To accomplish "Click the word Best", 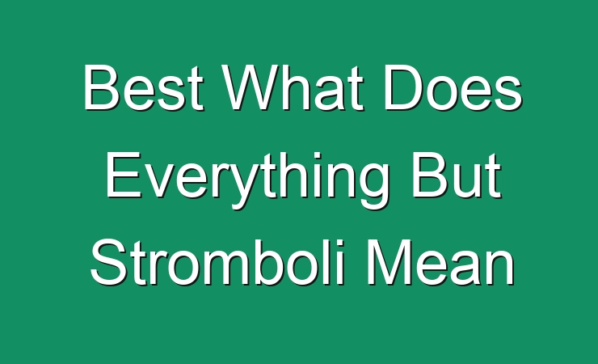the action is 143,87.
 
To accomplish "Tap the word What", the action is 293,87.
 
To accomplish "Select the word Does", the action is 453,87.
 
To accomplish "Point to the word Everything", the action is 247,180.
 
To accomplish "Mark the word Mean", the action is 441,263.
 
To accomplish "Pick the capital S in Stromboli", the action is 109,262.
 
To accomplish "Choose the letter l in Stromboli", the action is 327,263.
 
